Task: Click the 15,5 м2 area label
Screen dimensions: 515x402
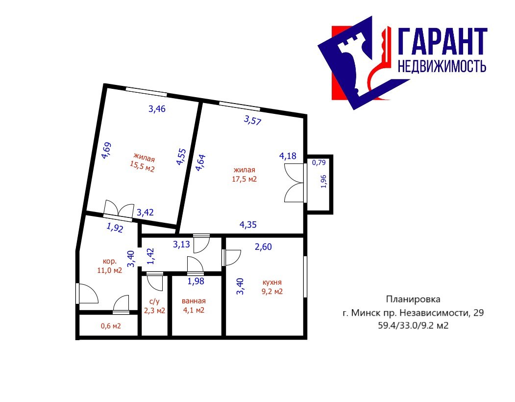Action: point(142,167)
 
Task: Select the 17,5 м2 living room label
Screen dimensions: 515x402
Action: point(245,179)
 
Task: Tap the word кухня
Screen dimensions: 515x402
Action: point(272,282)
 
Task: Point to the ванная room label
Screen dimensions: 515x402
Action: point(194,301)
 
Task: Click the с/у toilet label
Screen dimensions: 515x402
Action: point(154,301)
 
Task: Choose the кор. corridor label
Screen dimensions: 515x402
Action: point(110,261)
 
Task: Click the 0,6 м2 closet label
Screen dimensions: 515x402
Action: point(111,326)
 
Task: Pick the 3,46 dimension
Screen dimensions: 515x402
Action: point(157,109)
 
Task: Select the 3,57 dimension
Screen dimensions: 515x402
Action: point(252,120)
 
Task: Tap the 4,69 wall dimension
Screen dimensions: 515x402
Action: point(106,151)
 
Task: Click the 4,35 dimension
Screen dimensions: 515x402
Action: point(248,225)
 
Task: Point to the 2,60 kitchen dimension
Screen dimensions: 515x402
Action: point(263,246)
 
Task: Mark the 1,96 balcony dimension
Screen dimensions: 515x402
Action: point(323,181)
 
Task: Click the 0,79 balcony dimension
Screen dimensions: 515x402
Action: point(319,162)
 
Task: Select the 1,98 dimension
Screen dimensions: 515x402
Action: point(196,281)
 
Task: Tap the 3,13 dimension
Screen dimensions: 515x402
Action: point(181,244)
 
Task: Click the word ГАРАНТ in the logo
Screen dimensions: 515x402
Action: point(443,41)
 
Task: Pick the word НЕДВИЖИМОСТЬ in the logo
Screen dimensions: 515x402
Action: point(442,66)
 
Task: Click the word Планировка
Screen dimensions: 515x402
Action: point(413,299)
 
